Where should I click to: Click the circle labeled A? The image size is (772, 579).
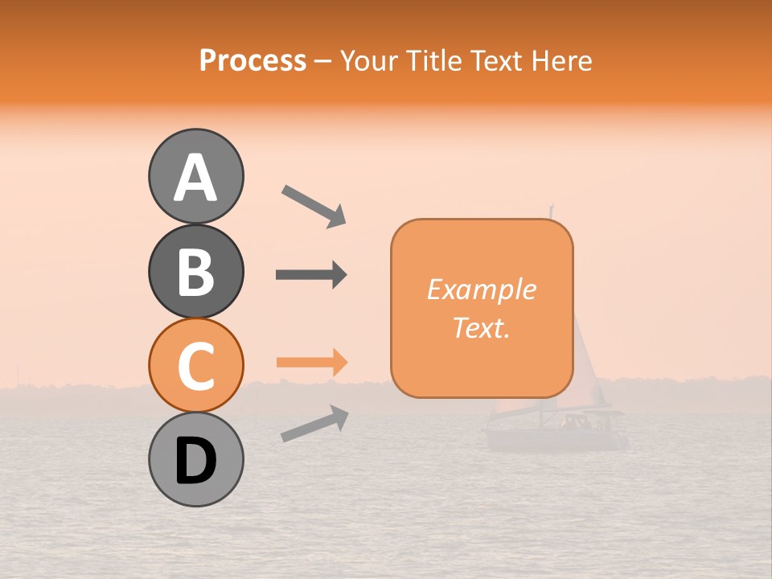coord(195,176)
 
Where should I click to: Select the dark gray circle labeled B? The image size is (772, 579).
coord(195,271)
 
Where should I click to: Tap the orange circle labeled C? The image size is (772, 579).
coord(195,365)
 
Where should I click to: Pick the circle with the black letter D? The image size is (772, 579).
coord(195,459)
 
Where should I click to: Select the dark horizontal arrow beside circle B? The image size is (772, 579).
coord(311,275)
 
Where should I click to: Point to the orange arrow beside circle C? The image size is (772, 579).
coord(311,363)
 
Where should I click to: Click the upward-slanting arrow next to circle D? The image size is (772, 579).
coord(314,424)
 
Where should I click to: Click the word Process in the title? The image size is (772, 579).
coord(253,60)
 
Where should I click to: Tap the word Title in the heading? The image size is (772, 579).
coord(434,60)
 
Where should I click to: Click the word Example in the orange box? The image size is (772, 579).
coord(481,289)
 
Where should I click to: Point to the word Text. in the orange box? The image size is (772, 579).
coord(481,327)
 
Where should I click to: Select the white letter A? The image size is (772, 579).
coord(195,178)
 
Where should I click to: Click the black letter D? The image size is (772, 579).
coord(195,461)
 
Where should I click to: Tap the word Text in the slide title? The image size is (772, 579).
coord(495,60)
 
